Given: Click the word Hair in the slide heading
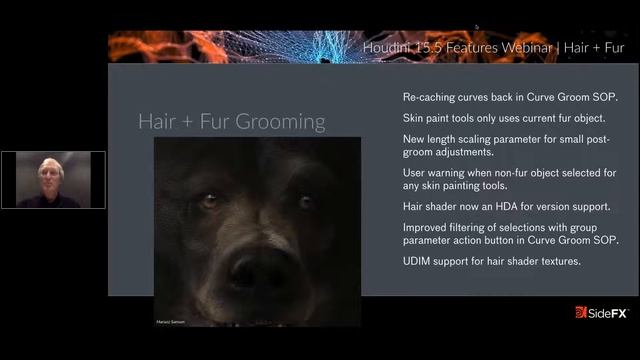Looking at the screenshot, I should point(158,122).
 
